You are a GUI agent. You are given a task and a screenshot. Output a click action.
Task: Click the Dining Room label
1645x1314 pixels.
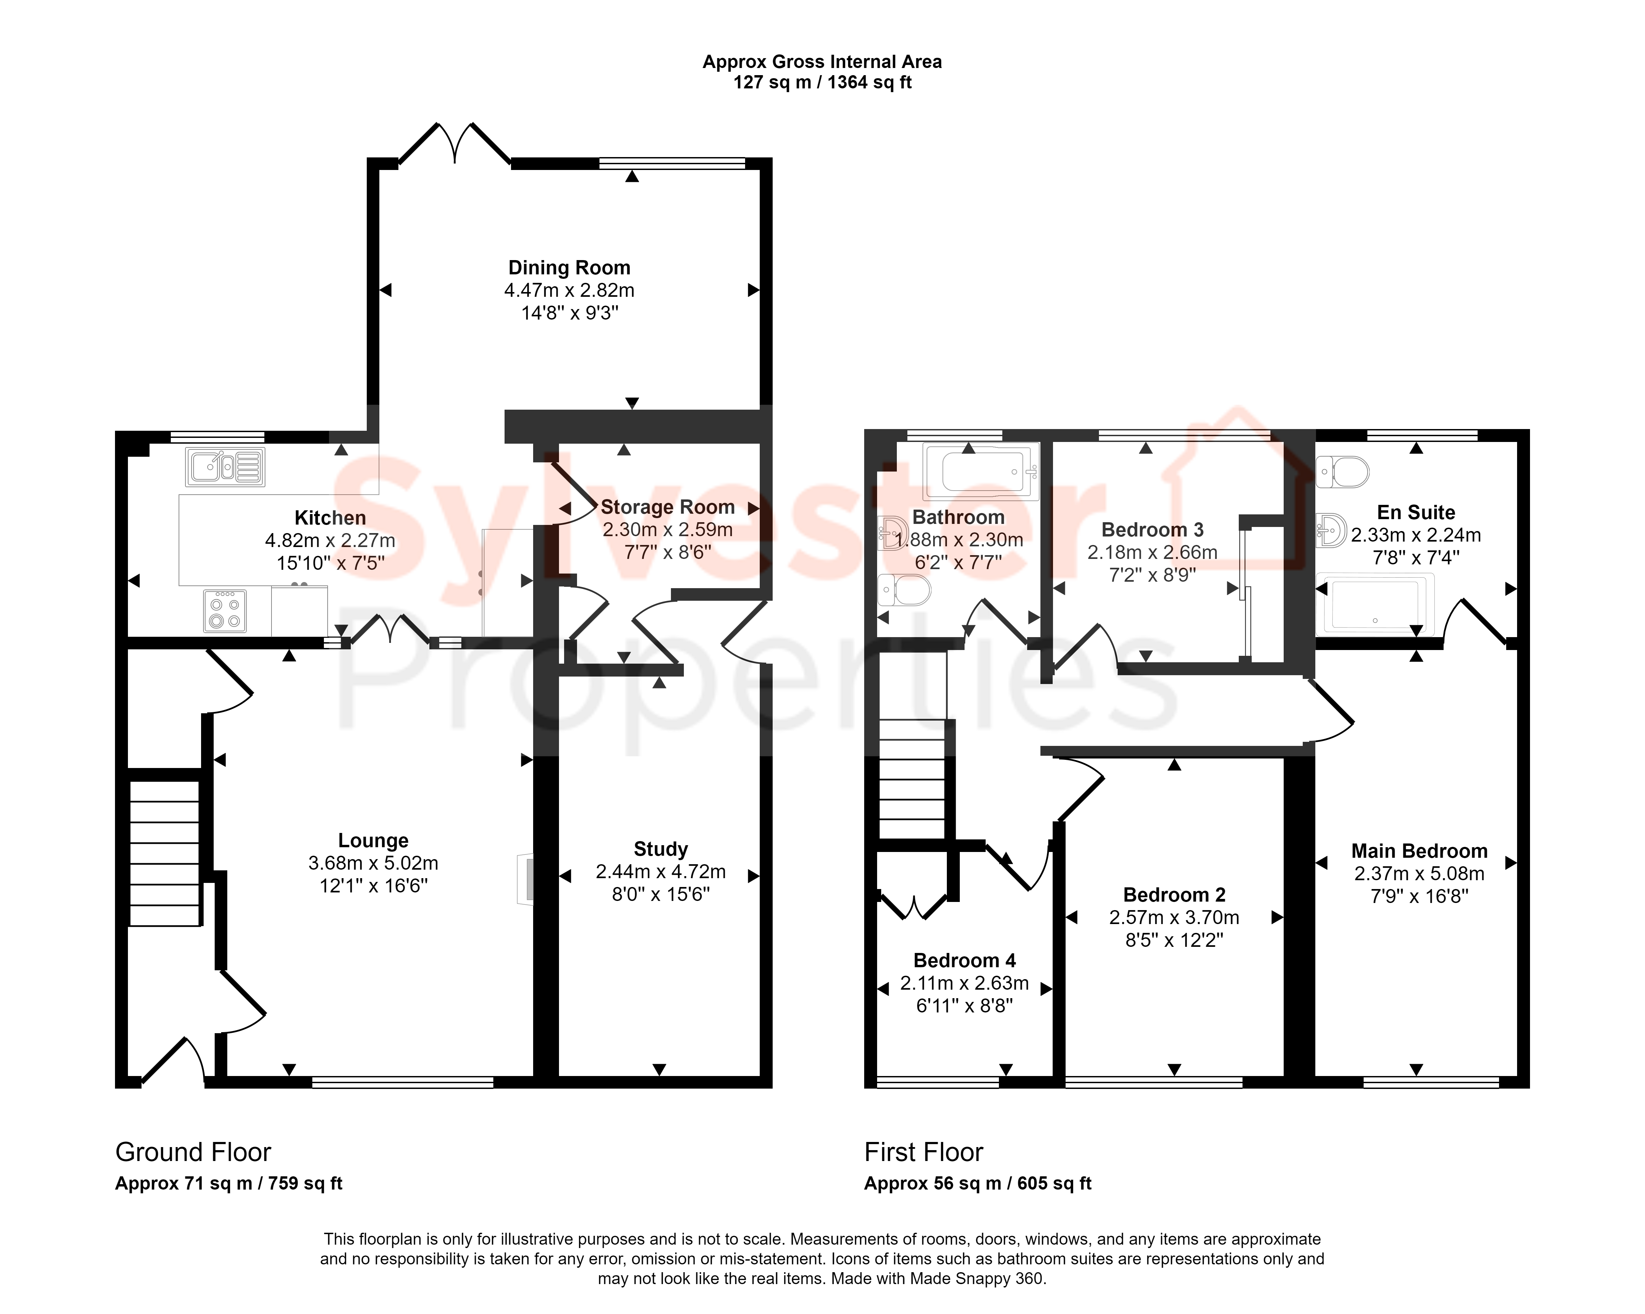569,268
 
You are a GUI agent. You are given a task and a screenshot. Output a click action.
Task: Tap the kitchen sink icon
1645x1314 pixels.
225,467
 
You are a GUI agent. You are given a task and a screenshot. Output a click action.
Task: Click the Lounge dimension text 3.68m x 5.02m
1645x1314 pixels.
373,863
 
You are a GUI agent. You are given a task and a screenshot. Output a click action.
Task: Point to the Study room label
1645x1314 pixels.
661,849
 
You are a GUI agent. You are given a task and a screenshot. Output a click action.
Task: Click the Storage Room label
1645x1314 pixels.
668,507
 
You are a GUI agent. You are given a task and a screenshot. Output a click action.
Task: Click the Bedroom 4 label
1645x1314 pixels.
965,960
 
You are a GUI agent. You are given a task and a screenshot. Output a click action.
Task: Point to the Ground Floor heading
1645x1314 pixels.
193,1151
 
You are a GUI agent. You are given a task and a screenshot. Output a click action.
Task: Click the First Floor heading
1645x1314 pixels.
923,1151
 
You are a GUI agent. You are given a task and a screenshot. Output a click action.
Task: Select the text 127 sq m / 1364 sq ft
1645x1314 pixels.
823,82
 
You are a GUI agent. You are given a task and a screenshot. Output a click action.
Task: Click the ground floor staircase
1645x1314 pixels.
165,853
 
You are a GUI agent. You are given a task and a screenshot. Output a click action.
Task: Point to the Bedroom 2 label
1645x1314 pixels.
1174,894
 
